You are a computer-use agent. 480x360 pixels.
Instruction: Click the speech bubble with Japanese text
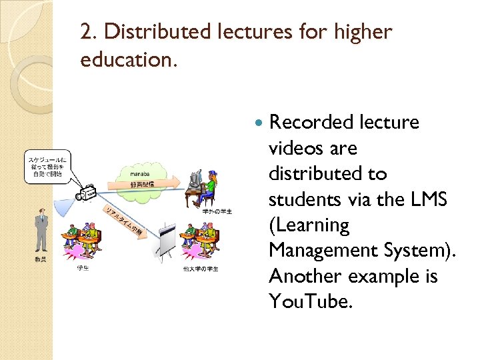point(48,166)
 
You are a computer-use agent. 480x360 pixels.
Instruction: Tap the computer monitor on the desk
point(195,179)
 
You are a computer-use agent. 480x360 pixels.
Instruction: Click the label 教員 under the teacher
point(41,259)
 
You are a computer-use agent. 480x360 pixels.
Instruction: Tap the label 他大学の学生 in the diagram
point(199,269)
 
